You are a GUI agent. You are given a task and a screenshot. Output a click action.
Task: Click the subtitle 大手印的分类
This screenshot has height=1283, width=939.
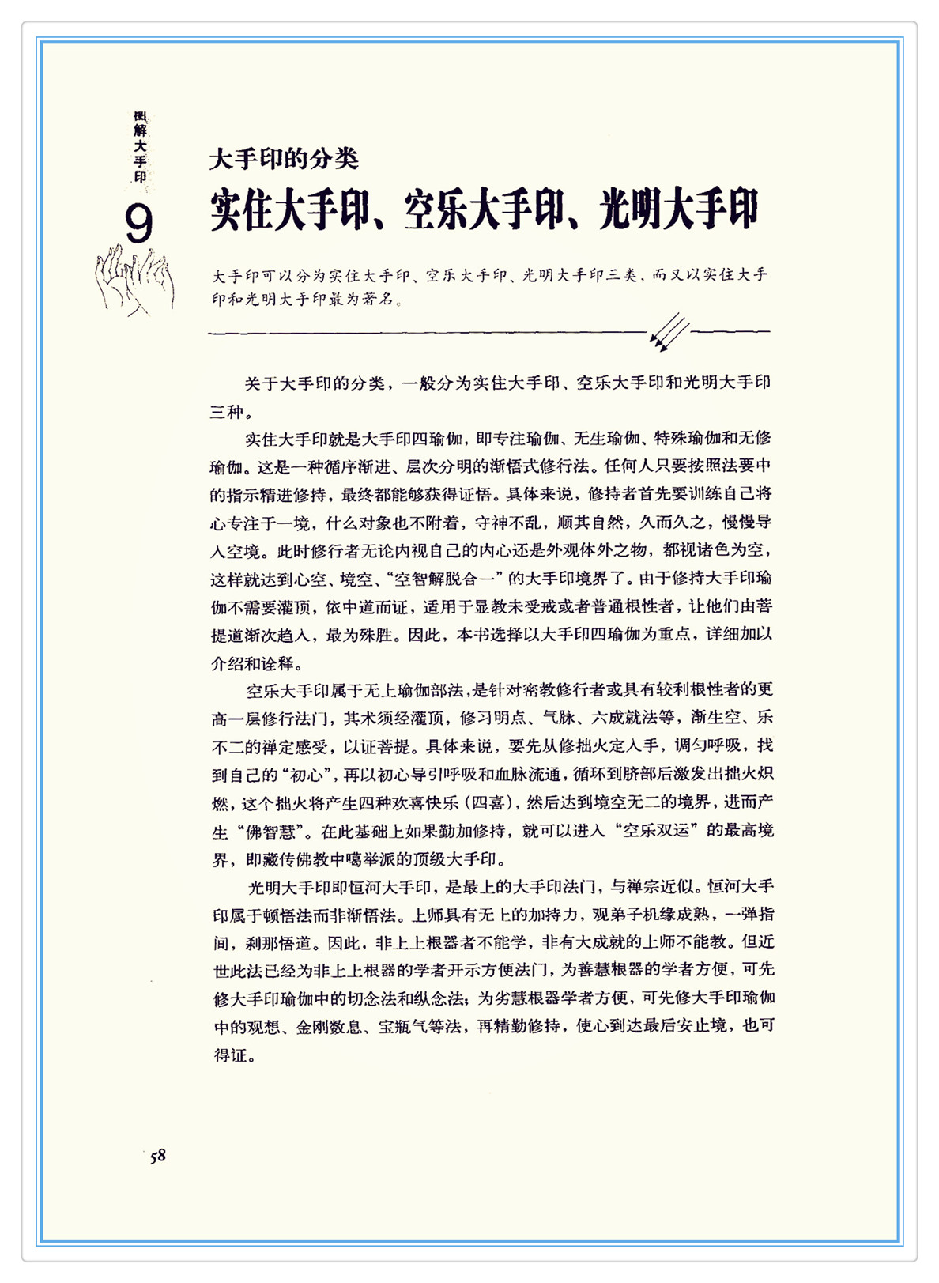[284, 159]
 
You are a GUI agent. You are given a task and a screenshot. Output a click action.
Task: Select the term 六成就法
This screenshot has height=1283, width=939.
[624, 717]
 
